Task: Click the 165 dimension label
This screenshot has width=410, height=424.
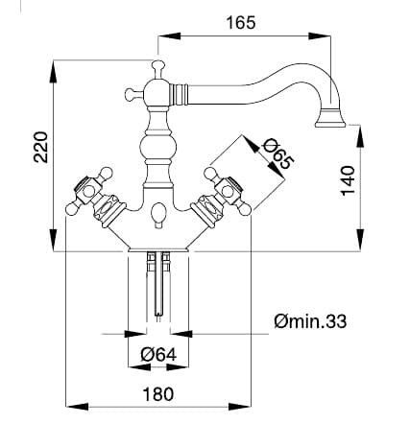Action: [x=241, y=23]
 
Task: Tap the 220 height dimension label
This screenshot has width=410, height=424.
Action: [x=41, y=147]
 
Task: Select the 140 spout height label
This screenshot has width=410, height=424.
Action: [x=348, y=180]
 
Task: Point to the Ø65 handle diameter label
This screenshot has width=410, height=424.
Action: [x=277, y=153]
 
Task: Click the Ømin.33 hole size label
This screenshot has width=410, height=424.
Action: [x=310, y=321]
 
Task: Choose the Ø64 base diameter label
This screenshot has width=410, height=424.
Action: [x=158, y=354]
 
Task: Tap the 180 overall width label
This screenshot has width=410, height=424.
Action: [x=158, y=394]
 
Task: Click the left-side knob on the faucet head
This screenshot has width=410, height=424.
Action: [x=131, y=94]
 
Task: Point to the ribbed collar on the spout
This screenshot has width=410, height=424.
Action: [x=179, y=94]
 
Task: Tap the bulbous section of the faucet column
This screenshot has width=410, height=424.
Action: [x=158, y=147]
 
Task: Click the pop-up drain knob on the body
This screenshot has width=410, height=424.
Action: [x=158, y=216]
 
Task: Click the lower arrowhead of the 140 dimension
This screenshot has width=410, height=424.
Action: [x=360, y=240]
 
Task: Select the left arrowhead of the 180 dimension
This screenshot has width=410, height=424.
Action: [x=77, y=407]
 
